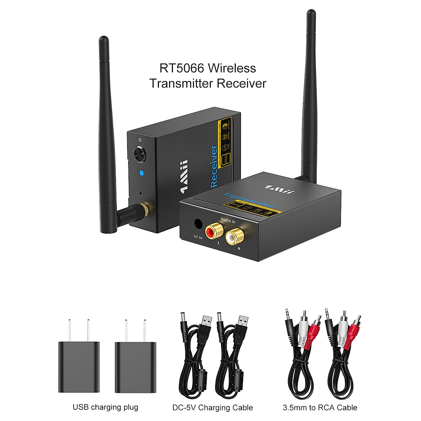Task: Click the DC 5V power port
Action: [198, 224]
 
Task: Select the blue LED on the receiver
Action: [141, 173]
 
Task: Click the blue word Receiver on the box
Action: [213, 167]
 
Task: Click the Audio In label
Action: [228, 221]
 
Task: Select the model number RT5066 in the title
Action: [182, 68]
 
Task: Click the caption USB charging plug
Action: [105, 407]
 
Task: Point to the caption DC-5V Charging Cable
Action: [213, 408]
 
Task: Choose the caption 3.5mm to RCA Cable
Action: [320, 408]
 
